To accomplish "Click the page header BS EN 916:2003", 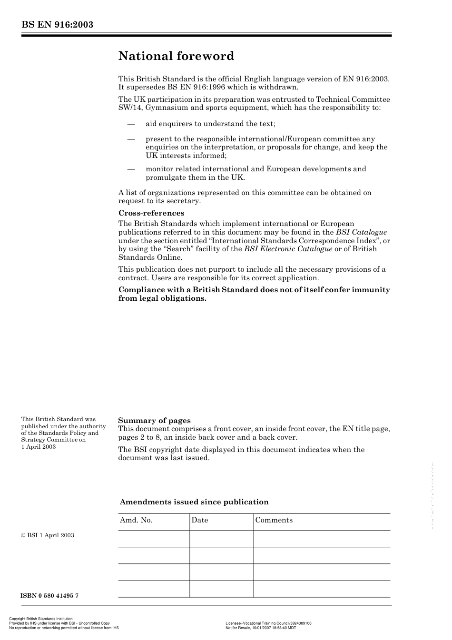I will pos(57,25).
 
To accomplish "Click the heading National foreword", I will pos(176,56).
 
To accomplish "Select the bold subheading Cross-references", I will pos(151,213).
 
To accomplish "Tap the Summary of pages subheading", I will pos(154,420).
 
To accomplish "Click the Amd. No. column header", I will pos(136,520).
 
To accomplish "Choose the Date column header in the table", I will pos(200,520).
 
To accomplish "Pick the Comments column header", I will pos(274,520).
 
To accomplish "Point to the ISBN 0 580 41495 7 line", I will pos(49,596).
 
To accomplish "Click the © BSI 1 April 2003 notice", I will pos(48,535).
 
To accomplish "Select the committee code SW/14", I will pos(130,108).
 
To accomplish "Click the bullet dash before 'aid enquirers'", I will pos(131,124).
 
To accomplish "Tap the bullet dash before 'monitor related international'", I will pos(131,169).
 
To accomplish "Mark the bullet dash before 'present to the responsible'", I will pos(131,139).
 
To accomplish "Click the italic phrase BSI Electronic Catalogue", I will pos(288,249).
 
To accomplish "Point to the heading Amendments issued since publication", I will pos(194,502).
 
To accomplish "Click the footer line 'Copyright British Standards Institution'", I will pos(41,619).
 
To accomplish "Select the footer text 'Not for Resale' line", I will pos(260,628).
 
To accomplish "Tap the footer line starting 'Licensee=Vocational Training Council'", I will pos(268,623).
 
